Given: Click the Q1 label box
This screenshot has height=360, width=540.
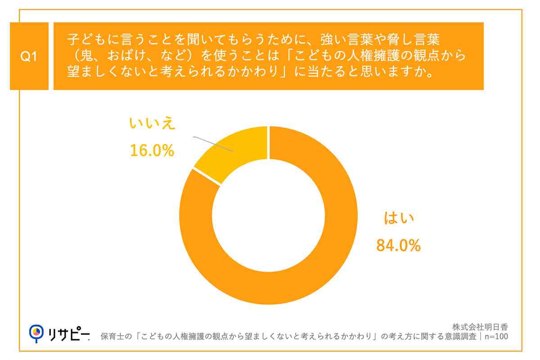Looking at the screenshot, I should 29,57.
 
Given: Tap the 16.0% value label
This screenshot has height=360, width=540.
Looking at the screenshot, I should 152,151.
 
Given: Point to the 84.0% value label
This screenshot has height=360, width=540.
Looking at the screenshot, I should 398,245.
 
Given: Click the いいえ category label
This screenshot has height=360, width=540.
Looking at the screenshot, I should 152,124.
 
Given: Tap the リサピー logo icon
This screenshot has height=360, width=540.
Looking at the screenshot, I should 37,332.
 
